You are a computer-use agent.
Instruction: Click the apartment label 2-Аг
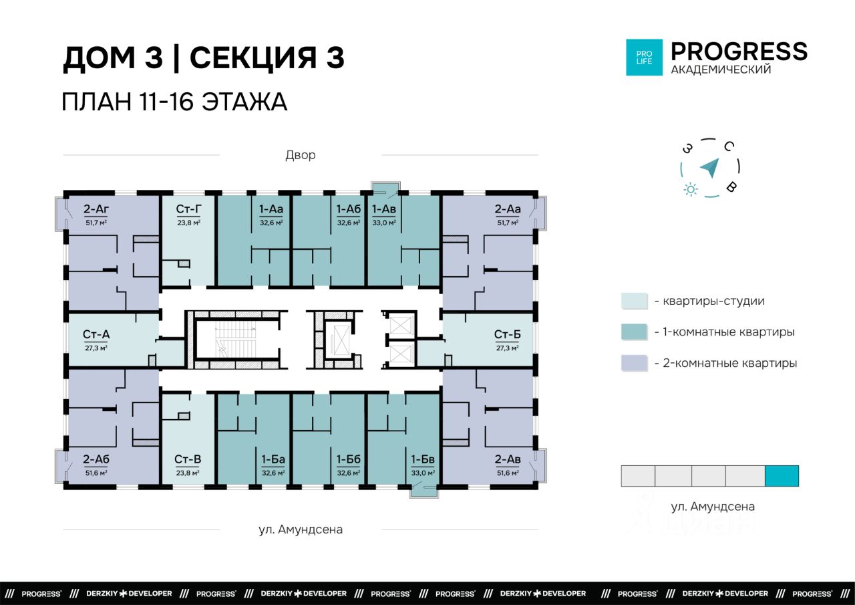tap(96, 209)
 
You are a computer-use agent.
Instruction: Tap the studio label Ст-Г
tap(188, 209)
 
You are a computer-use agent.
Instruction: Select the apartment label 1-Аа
tap(271, 209)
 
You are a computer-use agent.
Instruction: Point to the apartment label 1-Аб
tap(348, 209)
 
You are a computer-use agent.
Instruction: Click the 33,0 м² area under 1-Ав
tap(384, 223)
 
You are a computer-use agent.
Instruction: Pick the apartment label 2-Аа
tap(508, 209)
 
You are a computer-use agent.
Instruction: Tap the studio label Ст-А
tap(96, 334)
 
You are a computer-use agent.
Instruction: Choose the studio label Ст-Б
tap(507, 334)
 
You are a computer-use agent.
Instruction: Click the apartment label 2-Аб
tap(96, 459)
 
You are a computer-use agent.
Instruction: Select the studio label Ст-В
tap(188, 459)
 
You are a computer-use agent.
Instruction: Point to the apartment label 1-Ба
tap(273, 459)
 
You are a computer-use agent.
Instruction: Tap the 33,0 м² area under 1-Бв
tap(423, 473)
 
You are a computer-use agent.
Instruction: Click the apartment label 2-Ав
tap(508, 459)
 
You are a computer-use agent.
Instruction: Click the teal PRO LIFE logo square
tap(645, 57)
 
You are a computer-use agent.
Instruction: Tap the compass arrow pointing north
tap(710, 168)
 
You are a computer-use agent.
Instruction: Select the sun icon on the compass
tap(691, 189)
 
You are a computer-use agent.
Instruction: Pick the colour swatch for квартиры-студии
tap(635, 301)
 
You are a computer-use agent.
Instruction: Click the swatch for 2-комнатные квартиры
tap(635, 363)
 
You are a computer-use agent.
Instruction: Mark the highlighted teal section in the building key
tap(782, 476)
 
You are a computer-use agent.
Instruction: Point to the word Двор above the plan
tap(301, 156)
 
